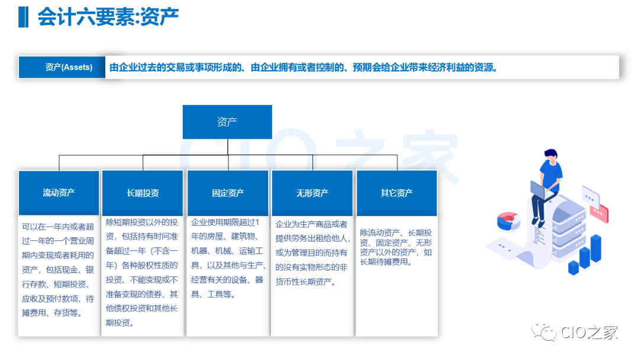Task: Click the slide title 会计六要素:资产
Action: pos(108,17)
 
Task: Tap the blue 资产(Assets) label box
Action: pos(62,67)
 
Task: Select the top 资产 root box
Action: pos(227,122)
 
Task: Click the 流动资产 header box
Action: pos(59,193)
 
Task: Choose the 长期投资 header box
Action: pos(143,193)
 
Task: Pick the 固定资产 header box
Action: pos(228,193)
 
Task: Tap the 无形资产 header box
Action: pos(312,193)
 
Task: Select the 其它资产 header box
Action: pos(396,193)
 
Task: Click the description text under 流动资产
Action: pos(58,270)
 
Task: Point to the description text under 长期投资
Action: pos(142,272)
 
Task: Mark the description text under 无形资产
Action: pos(312,253)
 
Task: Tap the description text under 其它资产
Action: pos(396,247)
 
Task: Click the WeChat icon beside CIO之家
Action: pos(544,332)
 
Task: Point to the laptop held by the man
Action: pos(541,191)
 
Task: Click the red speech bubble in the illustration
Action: pos(599,212)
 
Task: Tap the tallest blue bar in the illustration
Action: pos(596,248)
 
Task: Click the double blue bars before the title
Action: pos(23,17)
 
